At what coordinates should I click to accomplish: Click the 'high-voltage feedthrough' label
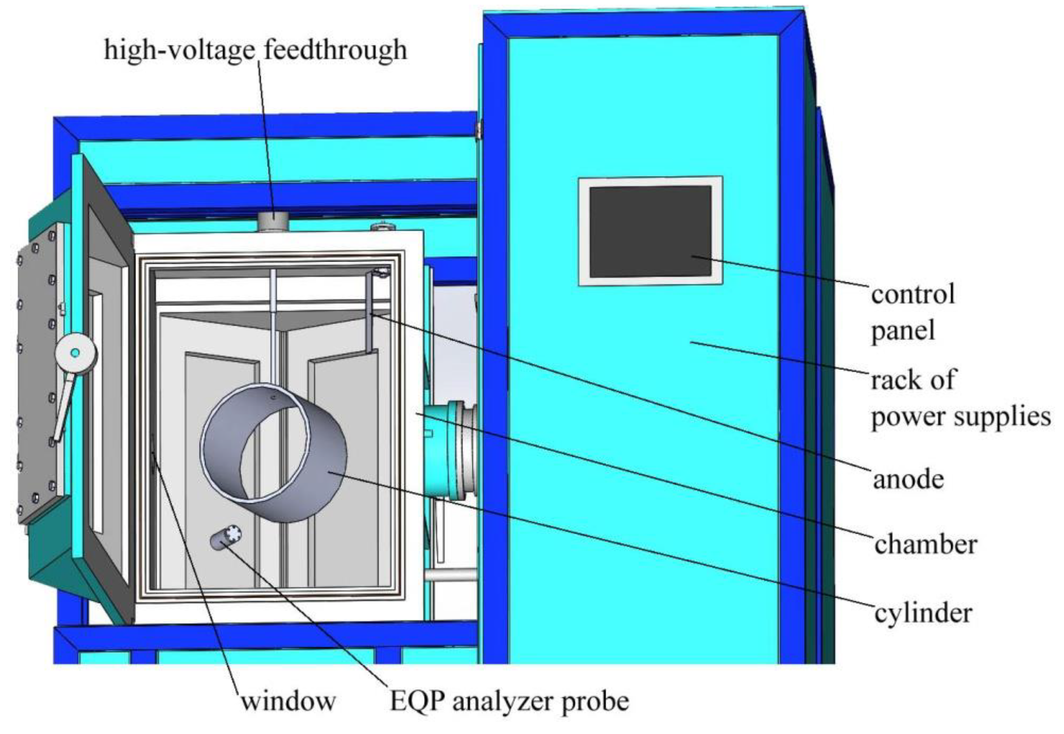click(x=255, y=50)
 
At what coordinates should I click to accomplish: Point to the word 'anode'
click(x=908, y=479)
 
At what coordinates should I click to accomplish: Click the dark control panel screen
click(x=650, y=231)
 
